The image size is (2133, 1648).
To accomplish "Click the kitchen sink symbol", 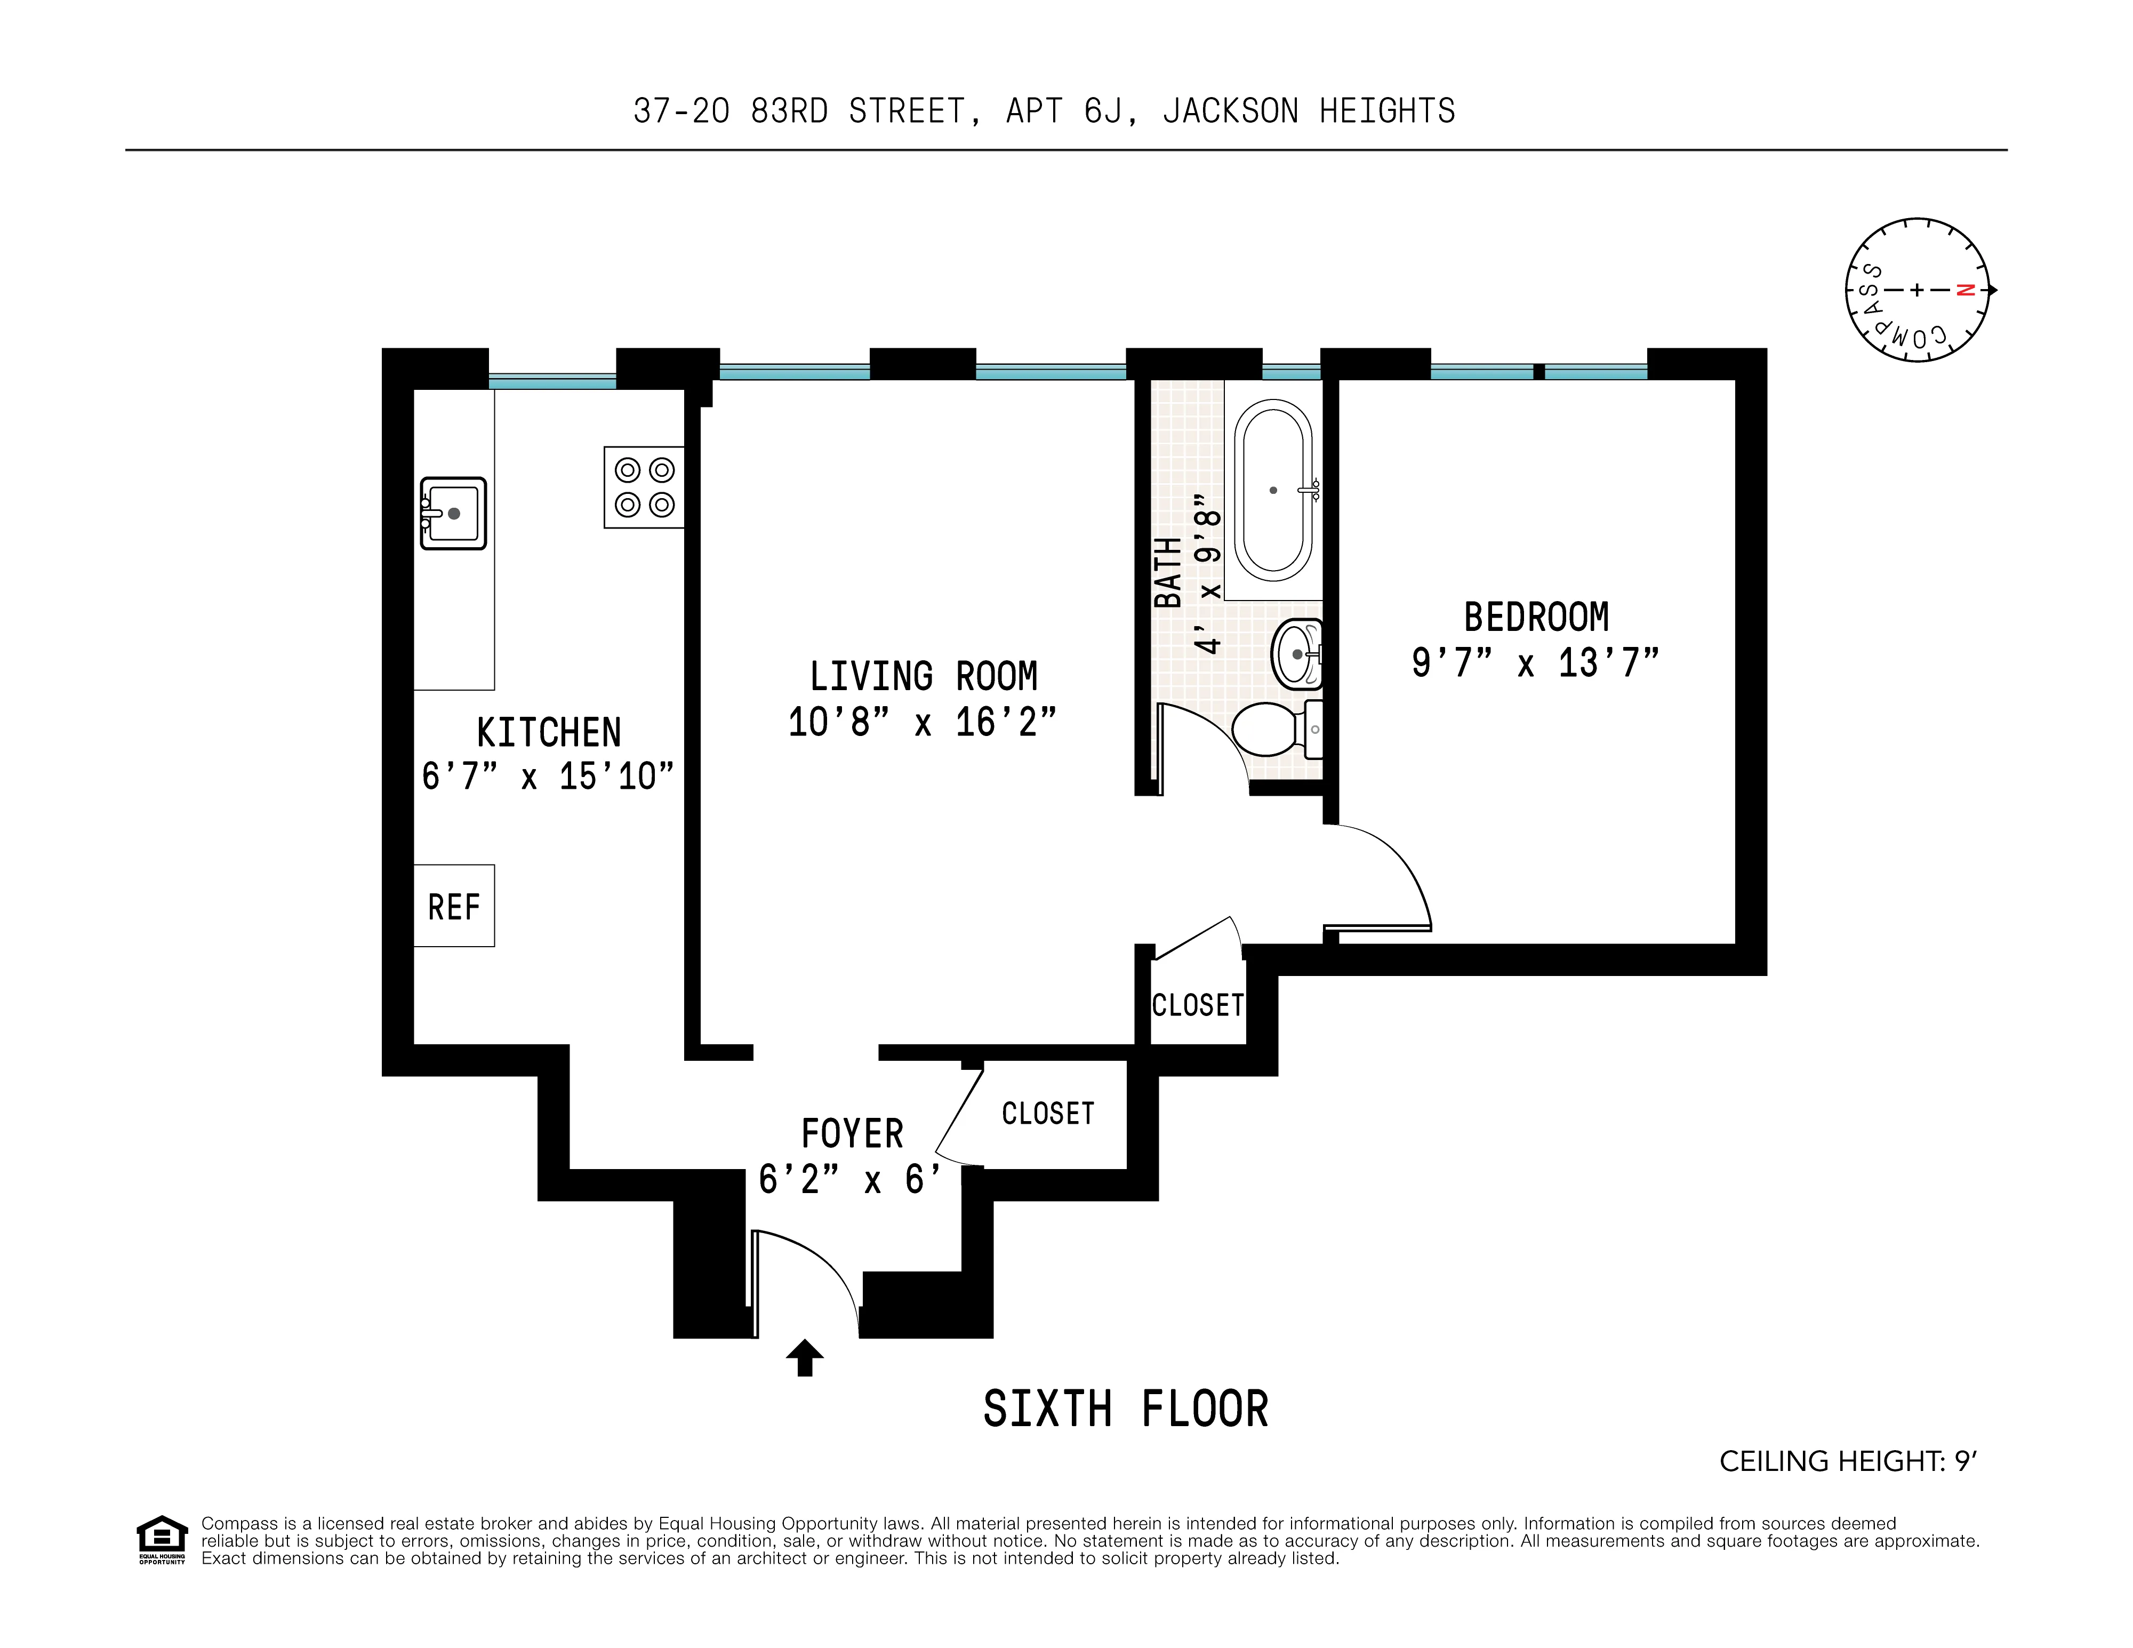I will (453, 513).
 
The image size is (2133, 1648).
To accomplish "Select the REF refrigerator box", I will (454, 906).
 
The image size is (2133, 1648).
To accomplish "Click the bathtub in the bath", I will (1273, 490).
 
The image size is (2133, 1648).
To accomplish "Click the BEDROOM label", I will (1535, 618).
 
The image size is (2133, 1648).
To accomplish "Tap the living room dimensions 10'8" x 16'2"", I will (922, 723).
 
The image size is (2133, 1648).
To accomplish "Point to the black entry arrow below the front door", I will (805, 1358).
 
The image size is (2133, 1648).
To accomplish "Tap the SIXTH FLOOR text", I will (1125, 1410).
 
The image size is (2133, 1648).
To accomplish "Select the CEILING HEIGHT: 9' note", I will (1847, 1461).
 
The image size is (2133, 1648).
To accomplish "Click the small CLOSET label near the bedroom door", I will (1197, 1005).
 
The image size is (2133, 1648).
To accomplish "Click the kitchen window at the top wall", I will (552, 381).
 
